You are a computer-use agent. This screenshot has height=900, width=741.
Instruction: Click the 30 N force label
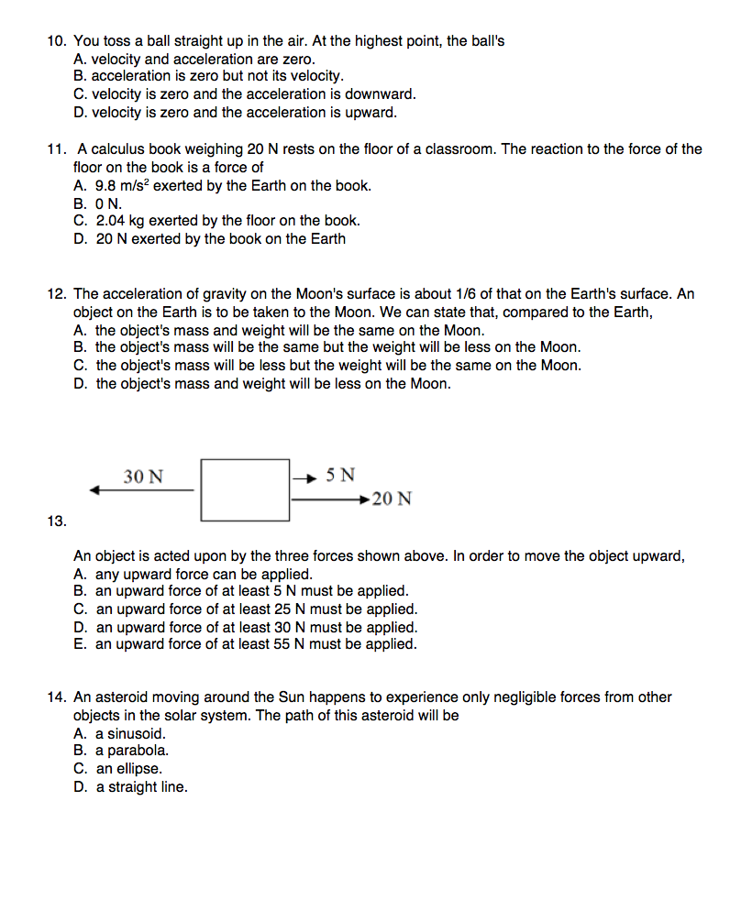point(143,477)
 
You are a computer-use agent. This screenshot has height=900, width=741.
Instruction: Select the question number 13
point(57,521)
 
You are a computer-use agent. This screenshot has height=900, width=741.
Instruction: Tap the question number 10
point(57,41)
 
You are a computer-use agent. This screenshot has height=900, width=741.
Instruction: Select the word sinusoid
point(138,734)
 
